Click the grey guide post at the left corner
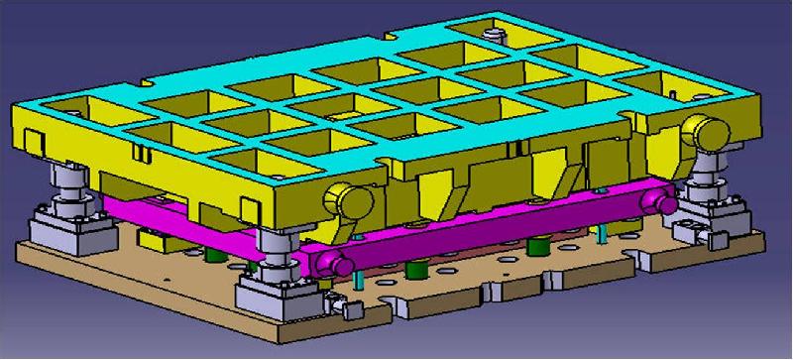pyautogui.click(x=72, y=184)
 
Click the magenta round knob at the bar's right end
pyautogui.click(x=655, y=199)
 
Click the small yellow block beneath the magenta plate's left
pyautogui.click(x=153, y=238)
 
